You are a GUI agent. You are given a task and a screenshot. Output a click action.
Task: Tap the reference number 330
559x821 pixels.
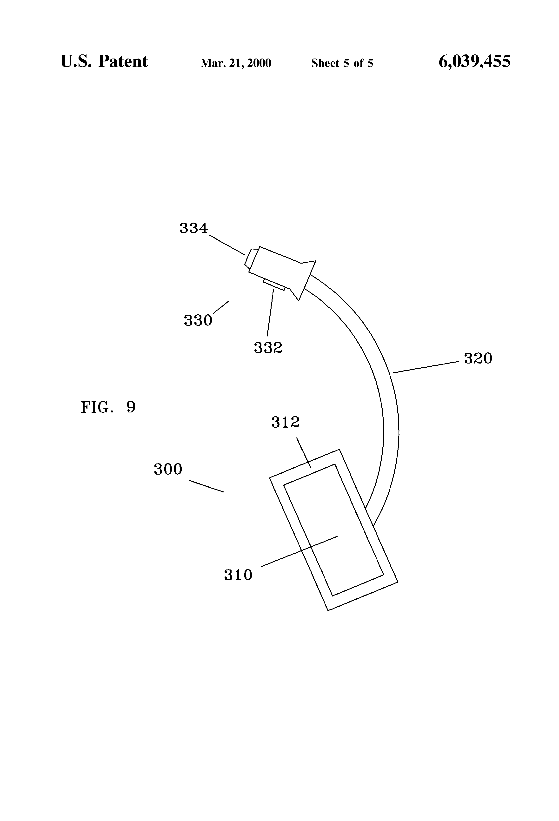pyautogui.click(x=198, y=320)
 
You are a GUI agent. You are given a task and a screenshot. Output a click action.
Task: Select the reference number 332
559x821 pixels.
pyautogui.click(x=268, y=348)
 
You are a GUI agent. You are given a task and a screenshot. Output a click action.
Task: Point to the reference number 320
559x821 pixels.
pyautogui.click(x=478, y=358)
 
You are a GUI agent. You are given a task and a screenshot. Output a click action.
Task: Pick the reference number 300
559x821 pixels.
pyautogui.click(x=168, y=469)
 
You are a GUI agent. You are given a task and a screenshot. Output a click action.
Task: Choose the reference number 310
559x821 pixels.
pyautogui.click(x=238, y=575)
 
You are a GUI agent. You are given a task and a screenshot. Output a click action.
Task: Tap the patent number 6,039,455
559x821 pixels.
pyautogui.click(x=475, y=61)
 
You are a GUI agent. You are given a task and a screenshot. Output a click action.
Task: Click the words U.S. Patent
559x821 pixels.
pyautogui.click(x=104, y=61)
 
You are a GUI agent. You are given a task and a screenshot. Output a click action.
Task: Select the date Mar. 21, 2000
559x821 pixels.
pyautogui.click(x=236, y=63)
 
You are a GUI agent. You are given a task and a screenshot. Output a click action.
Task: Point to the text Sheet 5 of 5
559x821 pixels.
pyautogui.click(x=342, y=63)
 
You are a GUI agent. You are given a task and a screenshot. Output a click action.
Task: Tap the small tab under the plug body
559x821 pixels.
pyautogui.click(x=274, y=285)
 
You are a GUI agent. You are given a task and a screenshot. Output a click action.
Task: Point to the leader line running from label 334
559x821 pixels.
pyautogui.click(x=227, y=245)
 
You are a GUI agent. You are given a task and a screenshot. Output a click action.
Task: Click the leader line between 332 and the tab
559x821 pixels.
pyautogui.click(x=270, y=312)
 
